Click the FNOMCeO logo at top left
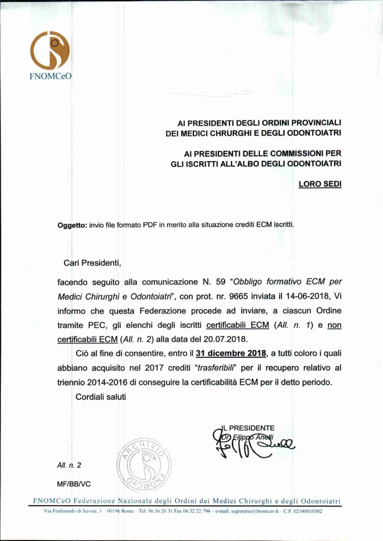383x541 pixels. click(x=50, y=55)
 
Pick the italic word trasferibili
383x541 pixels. click(x=217, y=368)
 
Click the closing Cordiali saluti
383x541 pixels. click(x=100, y=397)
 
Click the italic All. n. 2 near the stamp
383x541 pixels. click(x=69, y=465)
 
